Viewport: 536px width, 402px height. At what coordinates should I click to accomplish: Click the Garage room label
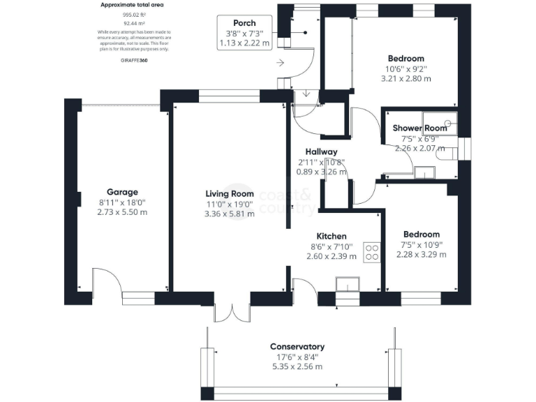click(x=122, y=192)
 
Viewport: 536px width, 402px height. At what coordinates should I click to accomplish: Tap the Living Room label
click(x=229, y=194)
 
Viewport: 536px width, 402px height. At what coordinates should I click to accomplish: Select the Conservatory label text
click(x=297, y=347)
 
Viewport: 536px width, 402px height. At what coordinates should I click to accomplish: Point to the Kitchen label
click(x=332, y=236)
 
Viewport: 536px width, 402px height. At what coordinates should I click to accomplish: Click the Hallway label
click(x=321, y=152)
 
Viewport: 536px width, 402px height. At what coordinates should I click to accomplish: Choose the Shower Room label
click(x=419, y=128)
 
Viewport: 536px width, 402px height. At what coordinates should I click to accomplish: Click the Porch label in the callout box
click(x=244, y=23)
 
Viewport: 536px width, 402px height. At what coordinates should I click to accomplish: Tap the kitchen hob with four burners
click(x=371, y=251)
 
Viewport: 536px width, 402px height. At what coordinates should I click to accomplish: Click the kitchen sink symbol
click(x=347, y=284)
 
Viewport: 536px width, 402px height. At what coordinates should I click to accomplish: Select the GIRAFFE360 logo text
click(x=134, y=61)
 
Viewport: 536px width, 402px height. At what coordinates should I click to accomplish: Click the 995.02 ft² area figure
click(x=134, y=14)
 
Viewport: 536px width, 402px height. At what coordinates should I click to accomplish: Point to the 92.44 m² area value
click(x=134, y=23)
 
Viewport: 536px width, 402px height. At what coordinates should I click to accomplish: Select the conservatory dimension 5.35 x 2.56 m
click(x=297, y=366)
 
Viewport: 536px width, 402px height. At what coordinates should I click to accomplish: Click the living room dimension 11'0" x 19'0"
click(x=229, y=204)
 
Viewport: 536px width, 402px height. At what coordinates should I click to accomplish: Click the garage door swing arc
click(x=108, y=283)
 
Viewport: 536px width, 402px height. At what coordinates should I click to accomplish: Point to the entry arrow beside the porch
click(x=281, y=63)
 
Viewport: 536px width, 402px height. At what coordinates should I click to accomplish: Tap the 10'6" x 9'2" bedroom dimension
click(x=405, y=69)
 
